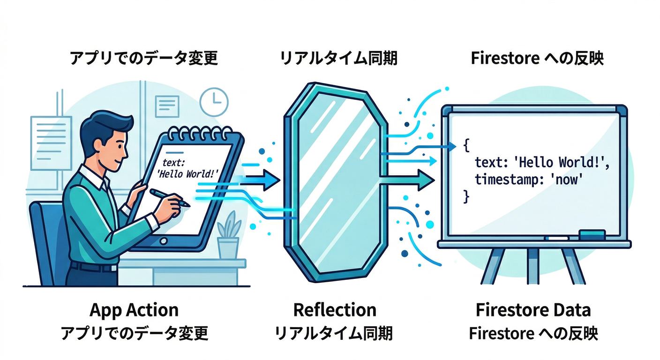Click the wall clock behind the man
point(214,101)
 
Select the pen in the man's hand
point(169,197)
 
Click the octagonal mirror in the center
point(335,182)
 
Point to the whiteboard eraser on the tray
point(592,234)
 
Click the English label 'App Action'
point(134,310)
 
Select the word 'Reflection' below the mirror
point(335,310)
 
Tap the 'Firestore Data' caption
point(533,310)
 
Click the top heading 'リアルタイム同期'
point(338,59)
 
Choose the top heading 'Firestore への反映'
point(537,59)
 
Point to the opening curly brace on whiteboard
point(466,145)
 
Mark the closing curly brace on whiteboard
point(466,196)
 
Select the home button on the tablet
point(164,241)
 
